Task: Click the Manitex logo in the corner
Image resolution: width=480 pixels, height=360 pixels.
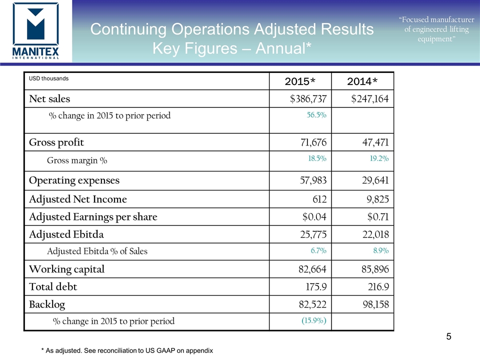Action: coord(35,31)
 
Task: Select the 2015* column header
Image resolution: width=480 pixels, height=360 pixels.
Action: coord(299,81)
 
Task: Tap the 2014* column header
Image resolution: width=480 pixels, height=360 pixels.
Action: coord(362,81)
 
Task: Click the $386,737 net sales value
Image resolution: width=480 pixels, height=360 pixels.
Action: coord(308,99)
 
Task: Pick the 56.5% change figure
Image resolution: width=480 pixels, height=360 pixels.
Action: coord(316,115)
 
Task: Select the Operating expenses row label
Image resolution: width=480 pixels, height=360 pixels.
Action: coord(74,180)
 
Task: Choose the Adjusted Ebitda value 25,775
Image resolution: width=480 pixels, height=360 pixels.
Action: coord(311,234)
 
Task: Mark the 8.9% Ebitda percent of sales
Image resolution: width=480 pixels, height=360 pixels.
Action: coord(380,250)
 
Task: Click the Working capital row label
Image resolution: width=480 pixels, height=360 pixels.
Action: coord(66,269)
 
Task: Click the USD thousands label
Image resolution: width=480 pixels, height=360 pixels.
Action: coord(48,78)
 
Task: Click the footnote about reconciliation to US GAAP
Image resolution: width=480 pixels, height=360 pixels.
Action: coord(127,350)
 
